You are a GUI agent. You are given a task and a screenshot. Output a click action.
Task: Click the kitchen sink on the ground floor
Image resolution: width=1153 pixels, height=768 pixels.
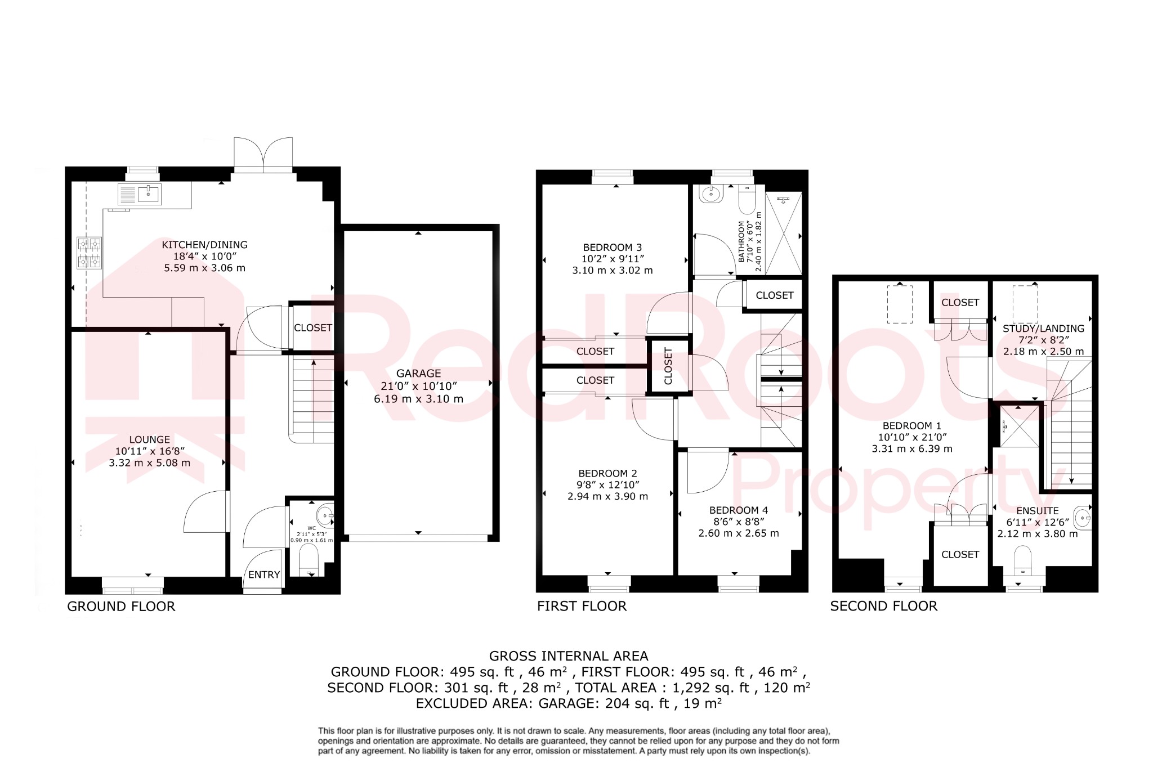(148, 194)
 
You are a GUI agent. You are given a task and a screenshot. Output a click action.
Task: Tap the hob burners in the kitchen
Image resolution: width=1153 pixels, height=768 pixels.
(90, 253)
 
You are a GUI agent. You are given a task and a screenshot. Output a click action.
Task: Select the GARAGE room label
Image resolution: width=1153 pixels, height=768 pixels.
(418, 374)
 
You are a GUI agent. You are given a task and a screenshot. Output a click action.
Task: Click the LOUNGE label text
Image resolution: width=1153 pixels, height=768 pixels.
(149, 440)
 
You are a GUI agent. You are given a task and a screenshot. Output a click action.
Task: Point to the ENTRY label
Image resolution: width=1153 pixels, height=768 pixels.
(264, 574)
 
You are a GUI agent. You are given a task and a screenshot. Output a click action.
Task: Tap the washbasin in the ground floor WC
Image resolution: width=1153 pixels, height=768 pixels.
(325, 515)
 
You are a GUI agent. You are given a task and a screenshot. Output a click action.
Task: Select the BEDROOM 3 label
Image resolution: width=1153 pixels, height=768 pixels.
(613, 248)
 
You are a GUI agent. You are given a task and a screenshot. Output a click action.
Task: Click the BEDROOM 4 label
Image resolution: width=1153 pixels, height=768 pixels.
(739, 510)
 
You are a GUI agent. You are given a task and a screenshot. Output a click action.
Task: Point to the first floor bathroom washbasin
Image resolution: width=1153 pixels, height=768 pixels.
(710, 195)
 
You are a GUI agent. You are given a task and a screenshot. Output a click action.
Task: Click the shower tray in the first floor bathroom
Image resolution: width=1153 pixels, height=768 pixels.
(784, 233)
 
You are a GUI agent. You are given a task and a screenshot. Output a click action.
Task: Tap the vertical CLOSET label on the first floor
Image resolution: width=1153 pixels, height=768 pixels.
(668, 366)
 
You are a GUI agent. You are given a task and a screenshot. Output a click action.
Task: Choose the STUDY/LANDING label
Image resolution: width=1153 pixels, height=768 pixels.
(1043, 329)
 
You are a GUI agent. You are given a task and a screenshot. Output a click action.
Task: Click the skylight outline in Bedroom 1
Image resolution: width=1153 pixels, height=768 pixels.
(900, 304)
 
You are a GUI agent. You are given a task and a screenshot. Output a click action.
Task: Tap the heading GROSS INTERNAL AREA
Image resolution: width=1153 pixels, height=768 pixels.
(569, 656)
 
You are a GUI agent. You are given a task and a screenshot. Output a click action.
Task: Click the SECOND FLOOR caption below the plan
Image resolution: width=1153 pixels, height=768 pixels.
(883, 606)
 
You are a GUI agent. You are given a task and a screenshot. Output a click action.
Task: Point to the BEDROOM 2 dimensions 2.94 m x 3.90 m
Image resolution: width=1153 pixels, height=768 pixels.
(607, 497)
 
